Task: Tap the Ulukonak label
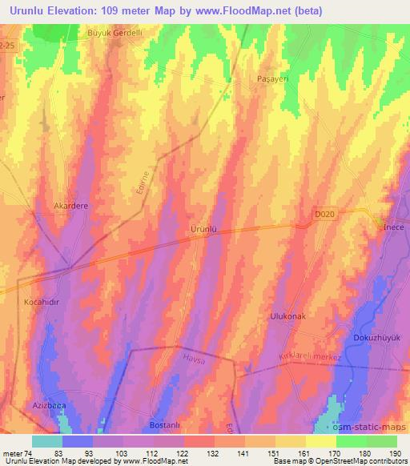click(288, 316)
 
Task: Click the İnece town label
click(394, 227)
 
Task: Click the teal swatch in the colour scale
click(46, 441)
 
